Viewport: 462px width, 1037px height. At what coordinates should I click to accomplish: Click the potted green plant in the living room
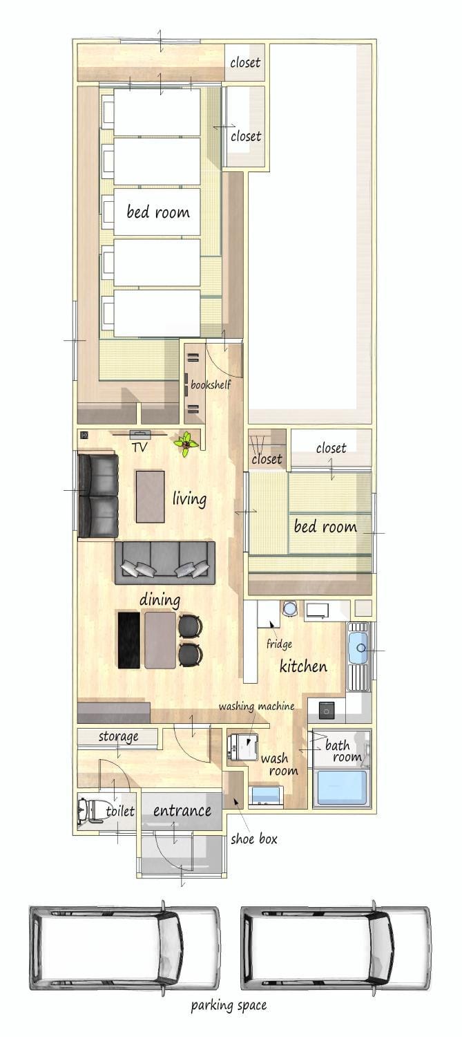point(186,444)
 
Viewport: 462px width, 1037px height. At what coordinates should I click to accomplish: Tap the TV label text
point(139,447)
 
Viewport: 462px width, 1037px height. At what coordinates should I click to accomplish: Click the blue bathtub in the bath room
point(341,787)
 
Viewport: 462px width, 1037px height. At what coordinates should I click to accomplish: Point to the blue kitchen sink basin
point(358,647)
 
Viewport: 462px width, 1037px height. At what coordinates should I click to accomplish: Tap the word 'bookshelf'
point(211,384)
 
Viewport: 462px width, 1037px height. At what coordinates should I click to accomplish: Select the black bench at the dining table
point(128,640)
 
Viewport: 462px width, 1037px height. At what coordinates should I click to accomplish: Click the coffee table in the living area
point(151,496)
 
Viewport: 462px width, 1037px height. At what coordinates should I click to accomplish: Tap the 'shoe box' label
point(254,839)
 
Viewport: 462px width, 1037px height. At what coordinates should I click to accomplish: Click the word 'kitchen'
point(303,666)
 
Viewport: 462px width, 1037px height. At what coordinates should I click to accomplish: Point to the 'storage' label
point(118,736)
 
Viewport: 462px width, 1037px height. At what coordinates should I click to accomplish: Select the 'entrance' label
point(182,811)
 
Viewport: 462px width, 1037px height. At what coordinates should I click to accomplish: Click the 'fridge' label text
point(279,644)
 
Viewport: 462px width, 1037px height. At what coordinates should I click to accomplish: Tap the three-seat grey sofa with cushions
point(165,563)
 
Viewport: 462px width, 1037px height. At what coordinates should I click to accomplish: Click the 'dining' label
point(160,600)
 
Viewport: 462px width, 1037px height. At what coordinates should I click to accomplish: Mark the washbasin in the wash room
point(266,795)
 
